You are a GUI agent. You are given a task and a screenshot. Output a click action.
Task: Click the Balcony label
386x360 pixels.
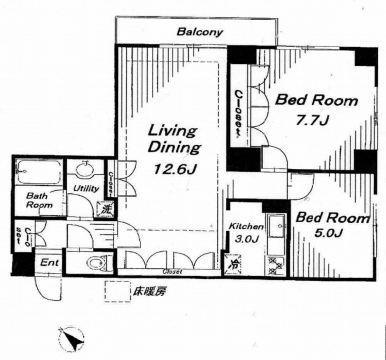200,32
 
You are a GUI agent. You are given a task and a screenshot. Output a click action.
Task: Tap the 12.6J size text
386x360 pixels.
175,169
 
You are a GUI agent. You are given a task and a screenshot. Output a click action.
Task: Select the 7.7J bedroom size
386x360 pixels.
312,120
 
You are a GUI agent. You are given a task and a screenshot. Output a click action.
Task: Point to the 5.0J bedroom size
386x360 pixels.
328,233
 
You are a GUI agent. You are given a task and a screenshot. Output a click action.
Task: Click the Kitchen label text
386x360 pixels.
246,226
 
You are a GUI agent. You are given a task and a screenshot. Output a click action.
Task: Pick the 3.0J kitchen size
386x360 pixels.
246,238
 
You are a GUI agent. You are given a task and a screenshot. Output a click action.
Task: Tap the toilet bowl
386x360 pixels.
97,263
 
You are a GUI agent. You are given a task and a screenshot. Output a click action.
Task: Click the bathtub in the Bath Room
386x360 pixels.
39,172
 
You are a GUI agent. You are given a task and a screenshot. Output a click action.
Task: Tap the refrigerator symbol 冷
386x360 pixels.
232,264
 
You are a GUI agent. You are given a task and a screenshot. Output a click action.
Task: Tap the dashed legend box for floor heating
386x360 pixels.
118,291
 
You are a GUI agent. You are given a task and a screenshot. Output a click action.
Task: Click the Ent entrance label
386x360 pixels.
50,262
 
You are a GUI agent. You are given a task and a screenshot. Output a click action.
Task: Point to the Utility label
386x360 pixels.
86,189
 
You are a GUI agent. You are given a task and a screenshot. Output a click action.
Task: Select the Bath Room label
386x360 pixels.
39,200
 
